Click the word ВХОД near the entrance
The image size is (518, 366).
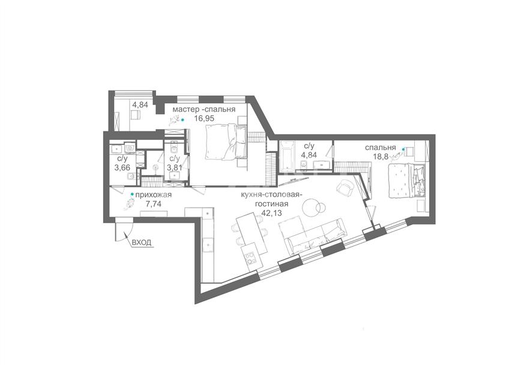pyautogui.click(x=142, y=242)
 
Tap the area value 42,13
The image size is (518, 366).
pyautogui.click(x=271, y=213)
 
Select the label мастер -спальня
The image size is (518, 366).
pyautogui.click(x=204, y=109)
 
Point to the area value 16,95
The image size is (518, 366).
pyautogui.click(x=205, y=118)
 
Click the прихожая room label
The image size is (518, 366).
pyautogui.click(x=153, y=195)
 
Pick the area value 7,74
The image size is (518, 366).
pyautogui.click(x=153, y=204)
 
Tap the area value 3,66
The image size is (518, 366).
pyautogui.click(x=122, y=167)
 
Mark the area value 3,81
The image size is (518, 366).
pyautogui.click(x=175, y=167)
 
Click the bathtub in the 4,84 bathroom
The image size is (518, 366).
pyautogui.click(x=287, y=155)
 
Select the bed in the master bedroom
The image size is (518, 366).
pyautogui.click(x=226, y=142)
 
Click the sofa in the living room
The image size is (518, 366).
pyautogui.click(x=312, y=235)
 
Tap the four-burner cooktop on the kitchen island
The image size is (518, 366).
pyautogui.click(x=249, y=256)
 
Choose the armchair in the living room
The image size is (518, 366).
pyautogui.click(x=346, y=188)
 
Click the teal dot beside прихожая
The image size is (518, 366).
pyautogui.click(x=132, y=194)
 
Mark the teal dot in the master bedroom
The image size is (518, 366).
pyautogui.click(x=182, y=120)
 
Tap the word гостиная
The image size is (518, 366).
pyautogui.click(x=271, y=204)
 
